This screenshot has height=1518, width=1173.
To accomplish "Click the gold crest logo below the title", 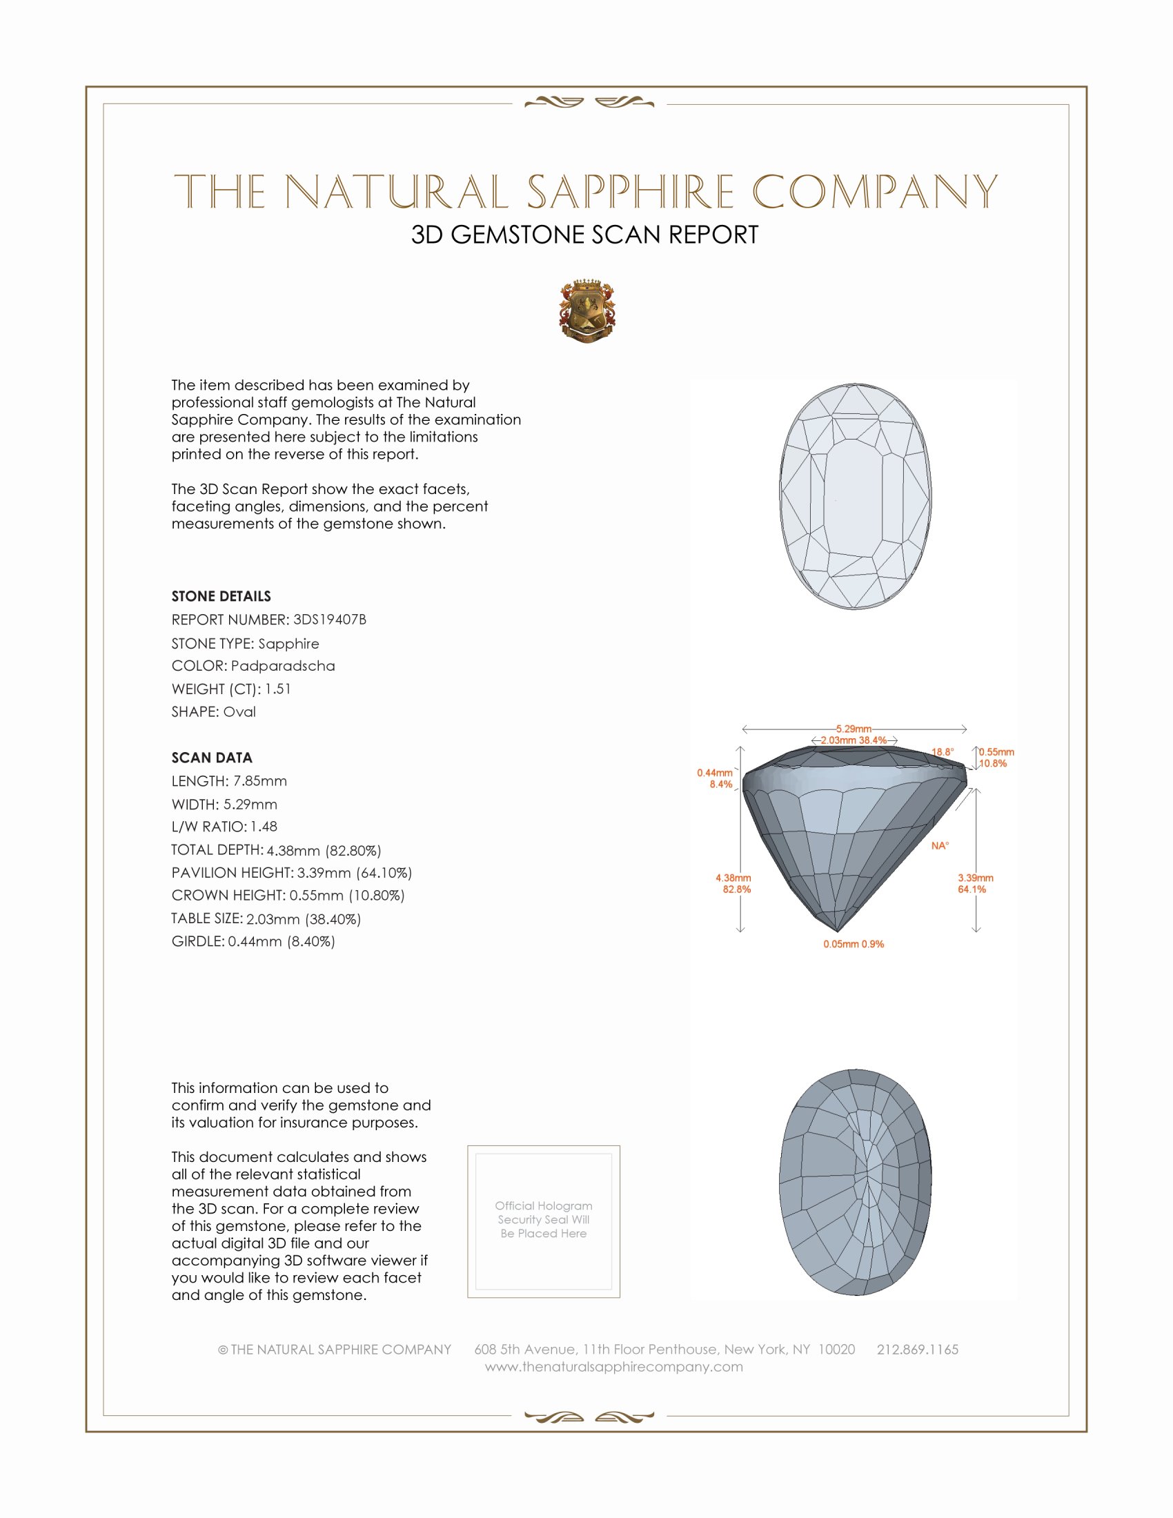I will [586, 311].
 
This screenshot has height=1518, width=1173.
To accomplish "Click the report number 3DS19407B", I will [329, 620].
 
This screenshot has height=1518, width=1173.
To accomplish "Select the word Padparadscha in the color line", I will [283, 666].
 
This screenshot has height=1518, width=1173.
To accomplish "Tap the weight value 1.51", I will [277, 689].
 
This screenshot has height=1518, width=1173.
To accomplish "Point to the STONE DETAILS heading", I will [221, 596].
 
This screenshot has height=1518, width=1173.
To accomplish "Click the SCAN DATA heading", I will [212, 758].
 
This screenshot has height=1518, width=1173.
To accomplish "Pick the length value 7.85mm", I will [260, 781].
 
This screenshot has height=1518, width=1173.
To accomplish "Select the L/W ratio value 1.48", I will [264, 827].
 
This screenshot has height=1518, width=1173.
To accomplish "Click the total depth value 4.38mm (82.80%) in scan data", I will [324, 850].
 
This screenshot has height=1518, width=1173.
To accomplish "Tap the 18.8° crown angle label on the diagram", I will [943, 752].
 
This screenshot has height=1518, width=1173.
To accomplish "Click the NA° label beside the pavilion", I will [940, 846].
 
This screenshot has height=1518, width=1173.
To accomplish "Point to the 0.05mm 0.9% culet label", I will [854, 944].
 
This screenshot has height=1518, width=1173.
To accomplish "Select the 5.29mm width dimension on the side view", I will [854, 729].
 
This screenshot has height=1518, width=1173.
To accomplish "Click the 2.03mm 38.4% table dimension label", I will [854, 740].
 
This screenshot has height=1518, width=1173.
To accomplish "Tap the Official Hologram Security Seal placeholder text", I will [544, 1219].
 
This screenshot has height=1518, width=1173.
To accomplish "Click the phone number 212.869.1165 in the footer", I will [917, 1349].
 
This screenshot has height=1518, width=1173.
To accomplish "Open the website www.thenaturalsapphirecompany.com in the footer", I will [613, 1366].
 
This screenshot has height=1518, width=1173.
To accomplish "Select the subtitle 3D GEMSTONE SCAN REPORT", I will [584, 235].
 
